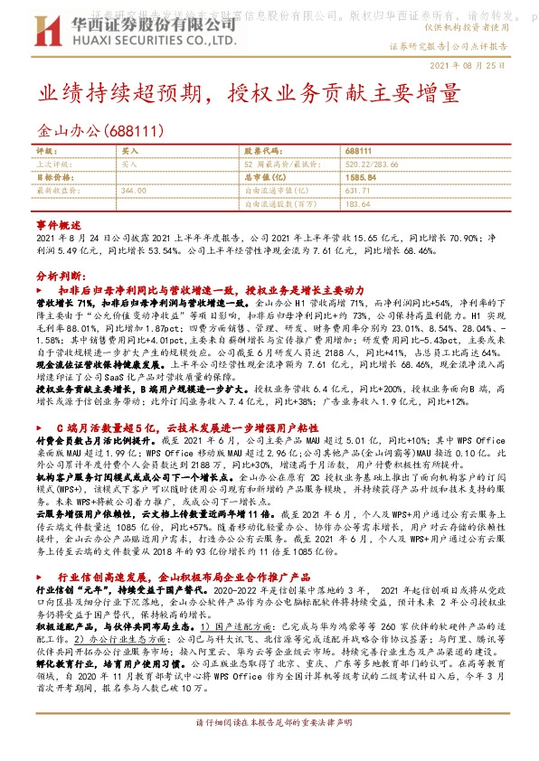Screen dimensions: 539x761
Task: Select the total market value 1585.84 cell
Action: click(361, 177)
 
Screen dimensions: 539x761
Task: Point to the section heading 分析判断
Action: click(59, 274)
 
